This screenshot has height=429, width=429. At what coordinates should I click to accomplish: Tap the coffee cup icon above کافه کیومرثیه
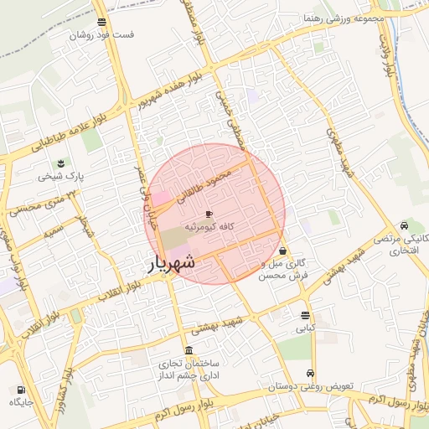(209, 214)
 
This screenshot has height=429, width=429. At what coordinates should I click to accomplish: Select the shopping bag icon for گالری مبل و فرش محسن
(283, 250)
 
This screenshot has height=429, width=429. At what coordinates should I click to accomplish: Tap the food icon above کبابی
(305, 316)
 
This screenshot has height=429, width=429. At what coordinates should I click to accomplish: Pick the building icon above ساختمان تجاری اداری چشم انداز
(188, 350)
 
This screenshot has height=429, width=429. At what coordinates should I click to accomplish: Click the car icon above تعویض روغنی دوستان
(311, 374)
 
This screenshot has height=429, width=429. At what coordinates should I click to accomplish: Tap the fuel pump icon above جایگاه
(20, 390)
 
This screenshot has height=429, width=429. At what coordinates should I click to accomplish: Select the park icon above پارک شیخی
(60, 163)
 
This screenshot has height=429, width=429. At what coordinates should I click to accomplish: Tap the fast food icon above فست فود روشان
(101, 22)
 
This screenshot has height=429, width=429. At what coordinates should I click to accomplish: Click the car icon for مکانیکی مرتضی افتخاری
(405, 225)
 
